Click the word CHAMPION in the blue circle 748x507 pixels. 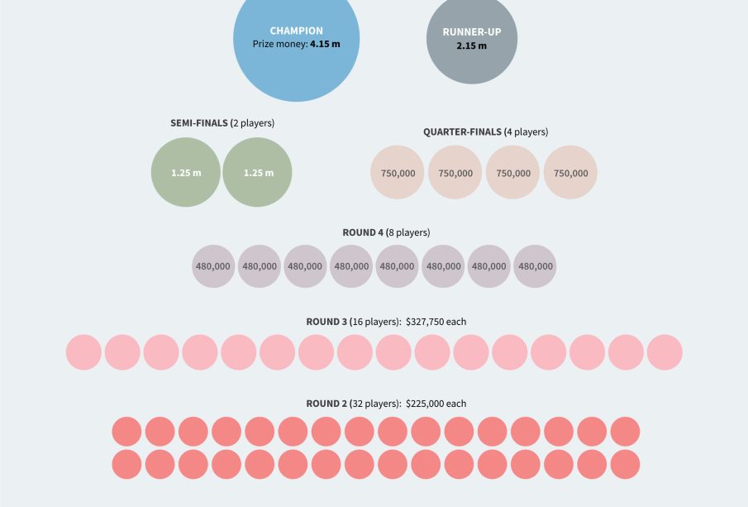point(296,31)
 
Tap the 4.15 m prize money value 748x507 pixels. point(325,44)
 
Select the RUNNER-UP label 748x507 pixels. point(471,32)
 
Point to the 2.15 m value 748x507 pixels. point(471,45)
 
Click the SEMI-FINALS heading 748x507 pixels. point(199,123)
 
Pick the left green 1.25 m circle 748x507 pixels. point(186,173)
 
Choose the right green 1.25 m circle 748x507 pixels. point(258,173)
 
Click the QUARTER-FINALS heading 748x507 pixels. point(462,132)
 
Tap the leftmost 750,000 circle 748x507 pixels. point(398,173)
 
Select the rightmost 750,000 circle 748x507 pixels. point(571,173)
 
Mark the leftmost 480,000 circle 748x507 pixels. point(214,266)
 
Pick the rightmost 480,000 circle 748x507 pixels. point(535,266)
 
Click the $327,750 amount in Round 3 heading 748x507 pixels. point(427,321)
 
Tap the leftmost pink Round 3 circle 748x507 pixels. point(83,352)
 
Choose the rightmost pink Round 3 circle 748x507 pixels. point(665,352)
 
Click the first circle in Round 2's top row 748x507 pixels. point(127,432)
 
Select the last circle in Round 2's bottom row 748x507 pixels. point(625,464)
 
